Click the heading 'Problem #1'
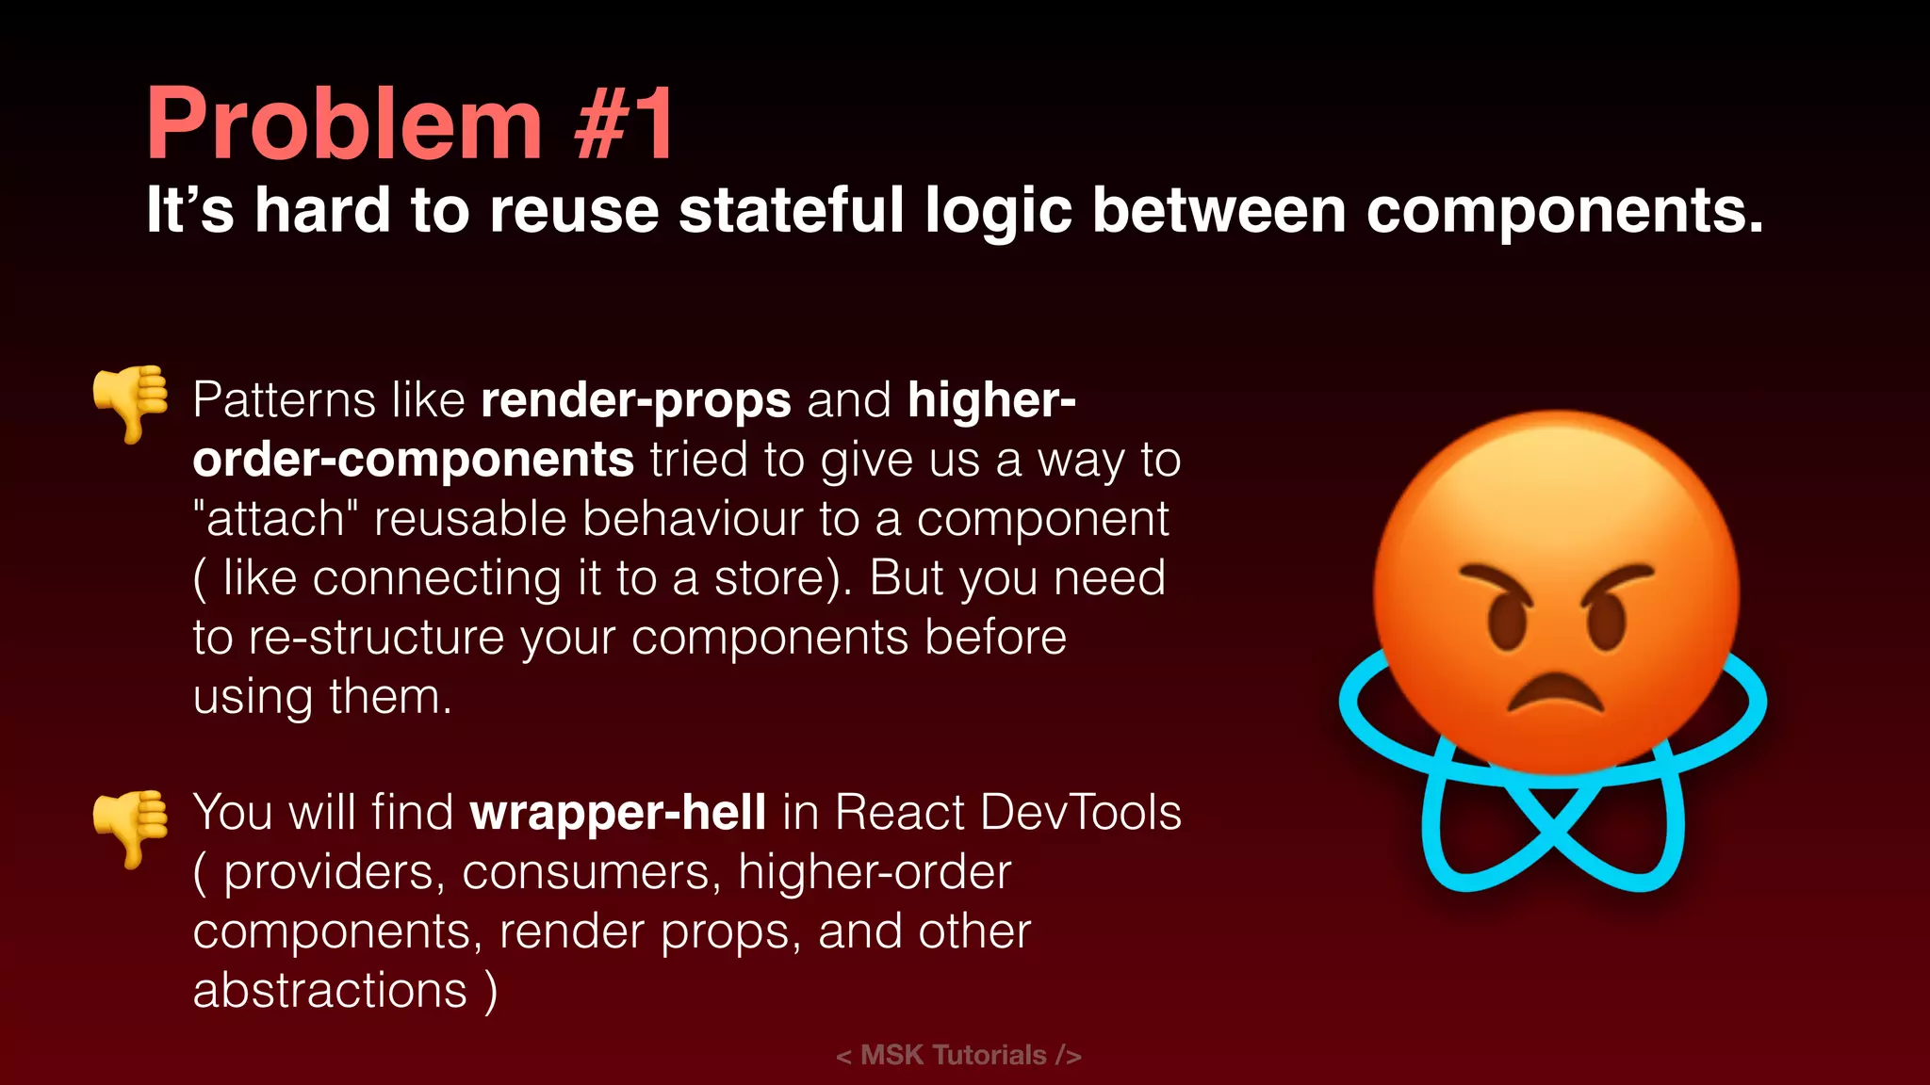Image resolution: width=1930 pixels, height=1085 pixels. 410,124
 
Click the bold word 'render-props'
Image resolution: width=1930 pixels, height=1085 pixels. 635,400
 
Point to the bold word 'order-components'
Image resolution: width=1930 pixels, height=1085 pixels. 413,460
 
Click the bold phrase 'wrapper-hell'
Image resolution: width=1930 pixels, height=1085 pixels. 617,812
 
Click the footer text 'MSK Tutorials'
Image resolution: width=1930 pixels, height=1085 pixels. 953,1055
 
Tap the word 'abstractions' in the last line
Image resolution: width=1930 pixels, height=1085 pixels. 330,991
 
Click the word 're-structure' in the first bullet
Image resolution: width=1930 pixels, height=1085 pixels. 377,638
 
